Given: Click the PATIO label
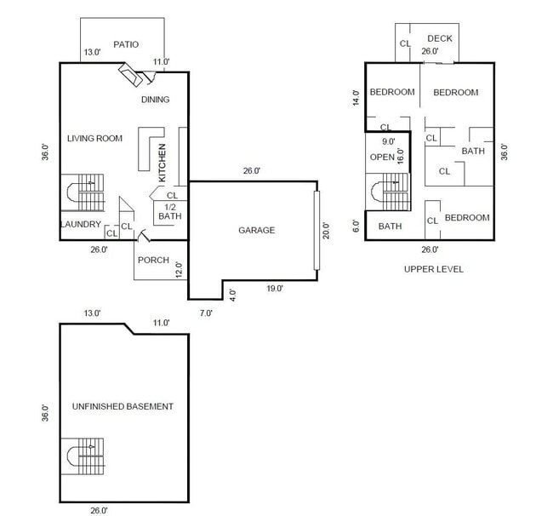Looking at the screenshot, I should point(126,44).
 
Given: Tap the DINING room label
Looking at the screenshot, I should point(155,100).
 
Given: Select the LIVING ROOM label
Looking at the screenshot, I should point(94,138).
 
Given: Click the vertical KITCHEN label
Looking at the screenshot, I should point(162,162).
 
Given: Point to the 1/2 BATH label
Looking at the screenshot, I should point(170,211).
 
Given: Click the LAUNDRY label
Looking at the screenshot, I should point(81,225).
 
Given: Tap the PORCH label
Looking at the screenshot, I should point(153,261).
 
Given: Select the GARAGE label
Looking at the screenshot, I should point(256,230).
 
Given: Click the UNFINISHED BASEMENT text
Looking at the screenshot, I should point(123,406).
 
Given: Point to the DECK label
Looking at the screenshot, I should point(440,38).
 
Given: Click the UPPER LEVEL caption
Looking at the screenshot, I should point(434,269).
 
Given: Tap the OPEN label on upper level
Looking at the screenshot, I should point(381,158).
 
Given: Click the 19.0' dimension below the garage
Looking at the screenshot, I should point(273,289).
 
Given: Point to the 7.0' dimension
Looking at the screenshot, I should point(206,312).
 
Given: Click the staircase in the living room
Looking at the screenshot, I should point(83,192).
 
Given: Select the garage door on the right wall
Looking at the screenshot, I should point(316,230).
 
